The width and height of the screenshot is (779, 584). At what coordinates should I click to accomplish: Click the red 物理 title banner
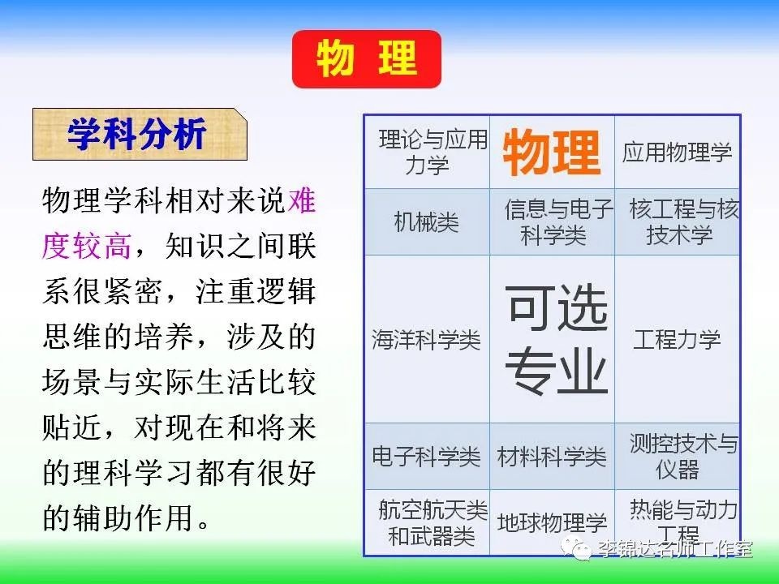[367, 59]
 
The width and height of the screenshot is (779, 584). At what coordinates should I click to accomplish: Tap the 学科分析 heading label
[140, 134]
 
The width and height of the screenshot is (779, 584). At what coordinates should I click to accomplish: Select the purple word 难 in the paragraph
[302, 200]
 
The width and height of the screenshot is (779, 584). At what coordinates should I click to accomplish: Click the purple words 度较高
[87, 246]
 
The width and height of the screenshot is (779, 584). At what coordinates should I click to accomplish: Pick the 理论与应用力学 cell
[428, 152]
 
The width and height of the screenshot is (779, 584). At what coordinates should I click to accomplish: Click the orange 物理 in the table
[552, 152]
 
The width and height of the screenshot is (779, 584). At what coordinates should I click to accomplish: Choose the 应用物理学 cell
[677, 152]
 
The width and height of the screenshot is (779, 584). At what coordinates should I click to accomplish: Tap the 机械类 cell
[428, 222]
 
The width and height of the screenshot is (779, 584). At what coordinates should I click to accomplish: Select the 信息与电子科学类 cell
[553, 222]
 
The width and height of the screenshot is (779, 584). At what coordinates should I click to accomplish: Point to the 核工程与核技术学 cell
[678, 222]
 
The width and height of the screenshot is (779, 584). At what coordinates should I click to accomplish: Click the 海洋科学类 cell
[428, 340]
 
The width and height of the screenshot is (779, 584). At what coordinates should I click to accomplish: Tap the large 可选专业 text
[557, 340]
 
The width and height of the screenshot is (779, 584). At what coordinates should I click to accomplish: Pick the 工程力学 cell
[677, 340]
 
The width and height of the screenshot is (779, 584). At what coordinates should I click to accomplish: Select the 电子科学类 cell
[428, 457]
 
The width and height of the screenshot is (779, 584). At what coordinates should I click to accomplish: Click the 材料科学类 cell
[553, 457]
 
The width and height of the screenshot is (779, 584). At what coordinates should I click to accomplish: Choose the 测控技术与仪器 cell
[678, 457]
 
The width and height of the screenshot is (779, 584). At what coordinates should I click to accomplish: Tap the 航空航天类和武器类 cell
[428, 522]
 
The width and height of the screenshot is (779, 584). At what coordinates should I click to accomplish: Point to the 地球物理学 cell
[553, 522]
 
